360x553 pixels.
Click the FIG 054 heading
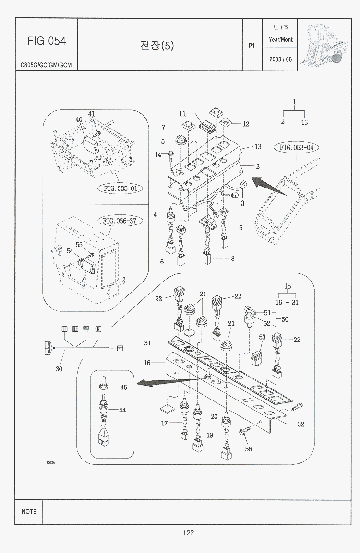[x=47, y=41]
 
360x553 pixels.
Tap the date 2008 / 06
[x=281, y=59]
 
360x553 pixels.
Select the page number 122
[x=188, y=533]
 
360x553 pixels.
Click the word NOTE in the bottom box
[x=29, y=512]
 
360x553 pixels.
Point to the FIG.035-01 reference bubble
[x=120, y=188]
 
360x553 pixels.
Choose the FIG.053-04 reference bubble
[x=296, y=147]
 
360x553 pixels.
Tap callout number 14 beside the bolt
[x=158, y=154]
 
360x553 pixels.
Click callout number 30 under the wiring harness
[x=59, y=369]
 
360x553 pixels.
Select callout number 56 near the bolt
[x=248, y=449]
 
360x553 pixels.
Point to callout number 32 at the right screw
[x=301, y=424]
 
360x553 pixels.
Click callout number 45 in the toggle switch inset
[x=123, y=387]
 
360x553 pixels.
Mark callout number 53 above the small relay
[x=262, y=337]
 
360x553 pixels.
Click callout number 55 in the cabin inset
[x=79, y=245]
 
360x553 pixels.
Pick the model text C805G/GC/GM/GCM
[x=46, y=65]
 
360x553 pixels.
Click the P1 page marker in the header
[x=252, y=46]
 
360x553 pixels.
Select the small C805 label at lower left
[x=51, y=463]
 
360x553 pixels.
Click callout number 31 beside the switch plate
[x=148, y=343]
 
